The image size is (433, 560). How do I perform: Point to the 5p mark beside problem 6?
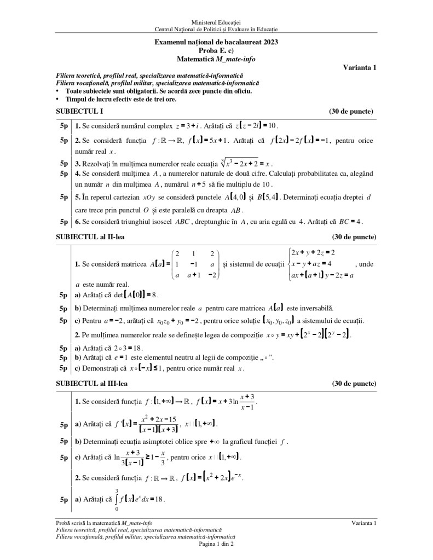(64, 222)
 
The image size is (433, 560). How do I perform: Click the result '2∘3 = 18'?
(131, 348)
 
